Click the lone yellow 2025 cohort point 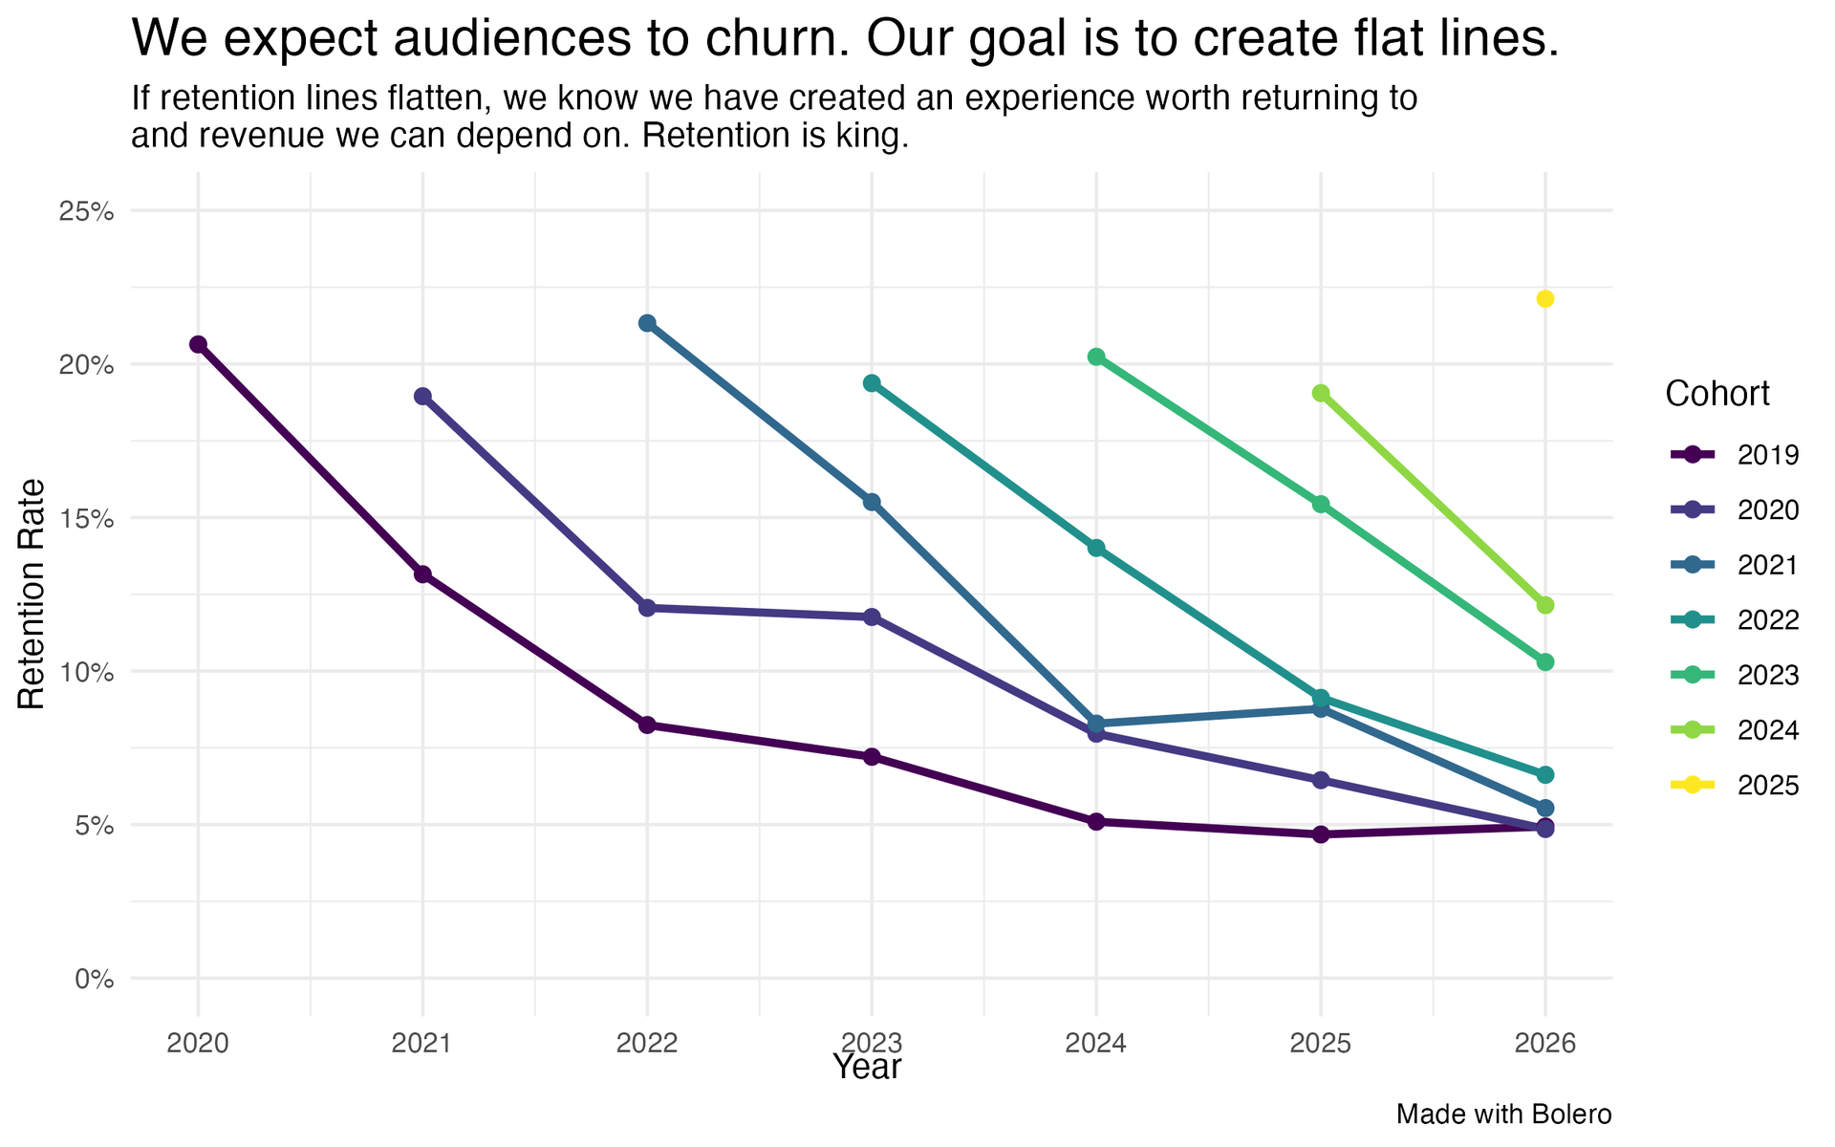click(1544, 299)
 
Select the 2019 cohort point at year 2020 click(198, 344)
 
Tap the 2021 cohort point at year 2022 click(647, 323)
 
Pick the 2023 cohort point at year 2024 click(1096, 357)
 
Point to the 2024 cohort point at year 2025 click(1321, 393)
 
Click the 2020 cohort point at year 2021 click(422, 397)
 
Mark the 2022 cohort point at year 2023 click(872, 383)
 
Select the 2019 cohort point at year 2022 click(647, 725)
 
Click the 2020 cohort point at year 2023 click(872, 617)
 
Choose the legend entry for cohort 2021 click(1736, 565)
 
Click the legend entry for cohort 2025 click(1736, 786)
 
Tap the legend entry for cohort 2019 click(1736, 455)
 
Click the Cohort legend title click(1716, 394)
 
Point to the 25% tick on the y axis click(87, 211)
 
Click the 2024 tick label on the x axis click(1096, 1043)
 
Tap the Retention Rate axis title click(32, 594)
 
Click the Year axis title click(866, 1068)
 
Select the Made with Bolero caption click(1503, 1115)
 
